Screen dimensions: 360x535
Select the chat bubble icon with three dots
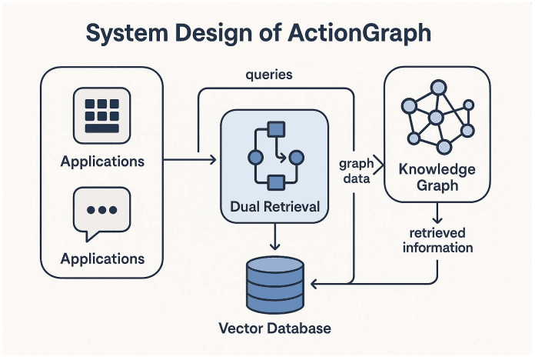pyautogui.click(x=101, y=209)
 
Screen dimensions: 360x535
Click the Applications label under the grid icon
pyautogui.click(x=102, y=162)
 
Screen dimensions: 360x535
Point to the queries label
pyautogui.click(x=268, y=75)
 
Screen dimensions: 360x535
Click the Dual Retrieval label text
pyautogui.click(x=274, y=206)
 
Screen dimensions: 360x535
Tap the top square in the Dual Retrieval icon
pyautogui.click(x=274, y=128)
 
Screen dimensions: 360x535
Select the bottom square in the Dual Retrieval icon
pyautogui.click(x=274, y=182)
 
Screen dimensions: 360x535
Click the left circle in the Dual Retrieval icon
pyautogui.click(x=255, y=157)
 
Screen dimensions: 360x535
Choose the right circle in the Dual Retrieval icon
pyautogui.click(x=296, y=157)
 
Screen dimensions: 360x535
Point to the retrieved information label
pyautogui.click(x=438, y=240)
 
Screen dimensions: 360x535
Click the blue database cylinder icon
pyautogui.click(x=274, y=282)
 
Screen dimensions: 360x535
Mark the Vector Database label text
pyautogui.click(x=274, y=328)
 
